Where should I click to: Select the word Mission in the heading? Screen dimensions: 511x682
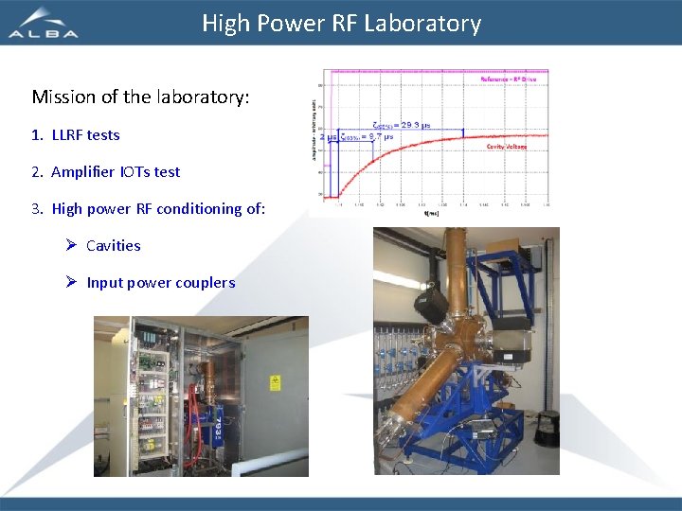[63, 97]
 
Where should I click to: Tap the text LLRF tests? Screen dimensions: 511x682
[85, 134]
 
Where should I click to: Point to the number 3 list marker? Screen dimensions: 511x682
[36, 208]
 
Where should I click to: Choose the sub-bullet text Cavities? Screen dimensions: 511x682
[113, 245]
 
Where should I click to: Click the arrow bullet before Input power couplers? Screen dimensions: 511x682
[71, 282]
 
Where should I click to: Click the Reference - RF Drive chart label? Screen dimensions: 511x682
[509, 79]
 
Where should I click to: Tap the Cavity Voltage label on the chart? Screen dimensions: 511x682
[508, 146]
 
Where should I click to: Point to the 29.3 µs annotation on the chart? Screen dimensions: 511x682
[402, 124]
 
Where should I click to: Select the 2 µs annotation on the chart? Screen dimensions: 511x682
[329, 137]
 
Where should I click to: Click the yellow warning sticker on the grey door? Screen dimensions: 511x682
[276, 382]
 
